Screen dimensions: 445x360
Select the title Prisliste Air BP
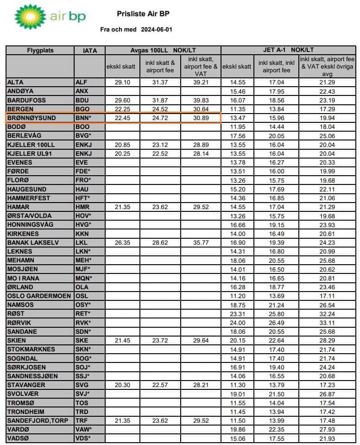pyautogui.click(x=142, y=14)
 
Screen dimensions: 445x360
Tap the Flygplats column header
pyautogui.click(x=40, y=51)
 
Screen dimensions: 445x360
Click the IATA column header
pyautogui.click(x=90, y=51)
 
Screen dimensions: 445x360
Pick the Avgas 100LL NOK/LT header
pyautogui.click(x=163, y=50)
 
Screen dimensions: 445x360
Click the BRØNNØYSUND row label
pyautogui.click(x=32, y=118)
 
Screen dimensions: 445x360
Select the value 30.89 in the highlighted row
pyautogui.click(x=201, y=118)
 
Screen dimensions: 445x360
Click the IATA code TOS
pyautogui.click(x=82, y=403)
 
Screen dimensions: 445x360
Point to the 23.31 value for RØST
pyautogui.click(x=236, y=314)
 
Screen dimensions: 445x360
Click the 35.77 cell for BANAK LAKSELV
pyautogui.click(x=201, y=242)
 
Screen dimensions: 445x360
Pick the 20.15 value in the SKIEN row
pyautogui.click(x=236, y=341)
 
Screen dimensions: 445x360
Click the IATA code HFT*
pyautogui.click(x=83, y=198)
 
